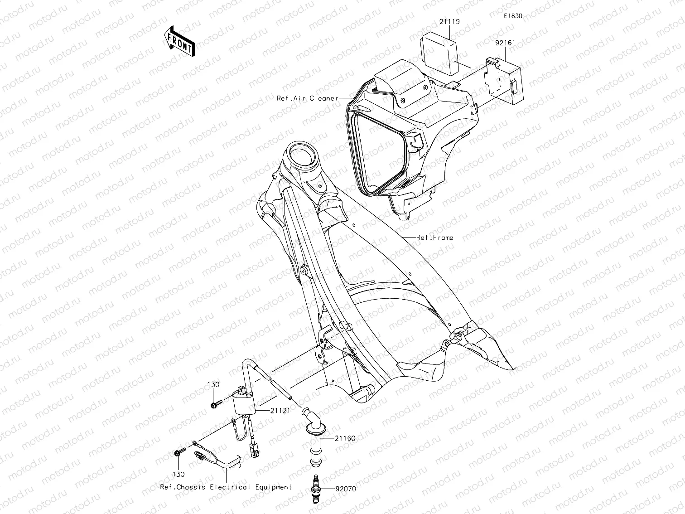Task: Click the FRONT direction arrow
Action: [180, 41]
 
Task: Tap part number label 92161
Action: [505, 43]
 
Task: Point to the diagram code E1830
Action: [512, 16]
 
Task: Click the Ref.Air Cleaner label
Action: [307, 98]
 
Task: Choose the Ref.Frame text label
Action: [434, 237]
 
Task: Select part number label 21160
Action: [345, 438]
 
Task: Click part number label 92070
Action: [346, 490]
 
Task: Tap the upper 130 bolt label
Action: [213, 385]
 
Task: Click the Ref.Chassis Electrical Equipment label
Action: [226, 487]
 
